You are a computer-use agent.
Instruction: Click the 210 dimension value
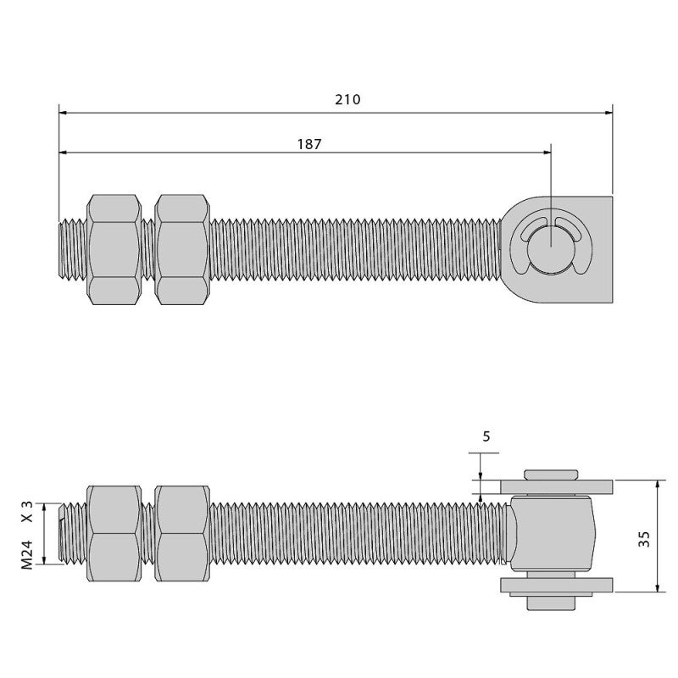[x=347, y=99]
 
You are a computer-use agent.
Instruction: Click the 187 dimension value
[x=309, y=143]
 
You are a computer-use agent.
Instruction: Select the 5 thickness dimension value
[x=486, y=437]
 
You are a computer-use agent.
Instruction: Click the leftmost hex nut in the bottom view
[x=113, y=533]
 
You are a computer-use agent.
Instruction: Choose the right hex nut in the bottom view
[x=182, y=533]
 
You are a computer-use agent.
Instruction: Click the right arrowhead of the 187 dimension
[x=546, y=153]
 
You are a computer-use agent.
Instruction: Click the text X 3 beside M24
[x=28, y=512]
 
